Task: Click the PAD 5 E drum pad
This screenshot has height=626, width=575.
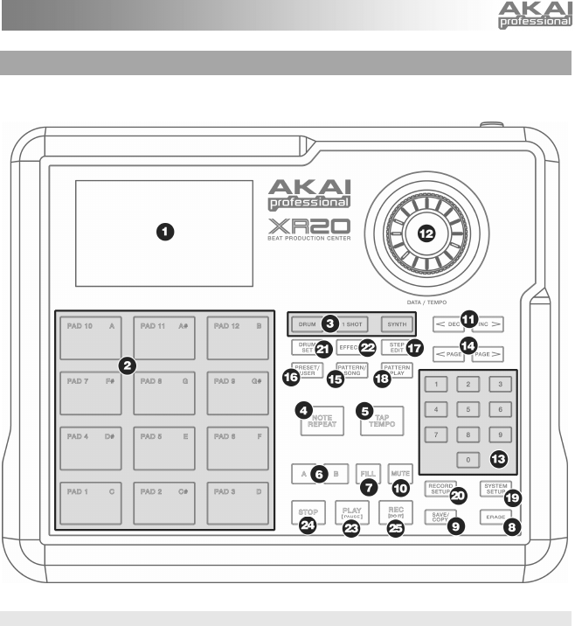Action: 164,449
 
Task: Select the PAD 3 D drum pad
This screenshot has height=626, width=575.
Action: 237,504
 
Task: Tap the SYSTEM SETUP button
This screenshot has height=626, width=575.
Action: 495,490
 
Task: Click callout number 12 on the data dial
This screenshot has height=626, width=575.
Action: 426,232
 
